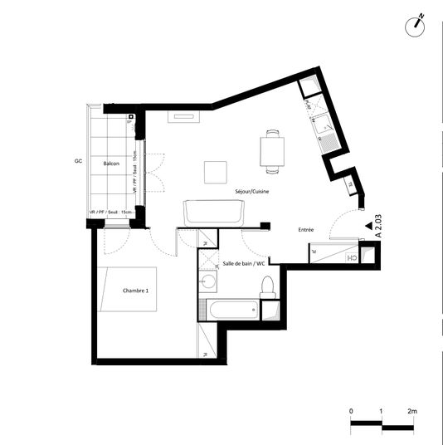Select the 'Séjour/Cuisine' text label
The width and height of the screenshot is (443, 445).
tap(251, 191)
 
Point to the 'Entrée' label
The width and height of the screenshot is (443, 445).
tap(305, 229)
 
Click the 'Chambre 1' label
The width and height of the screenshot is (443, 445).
tap(135, 291)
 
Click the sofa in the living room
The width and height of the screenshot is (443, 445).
tap(214, 213)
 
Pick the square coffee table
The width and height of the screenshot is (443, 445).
tap(216, 172)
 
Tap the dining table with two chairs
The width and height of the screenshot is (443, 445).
tap(272, 151)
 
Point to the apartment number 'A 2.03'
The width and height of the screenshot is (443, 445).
tap(377, 225)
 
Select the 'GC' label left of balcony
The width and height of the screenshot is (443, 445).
tap(77, 159)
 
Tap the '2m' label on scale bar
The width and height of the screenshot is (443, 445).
tap(412, 411)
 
